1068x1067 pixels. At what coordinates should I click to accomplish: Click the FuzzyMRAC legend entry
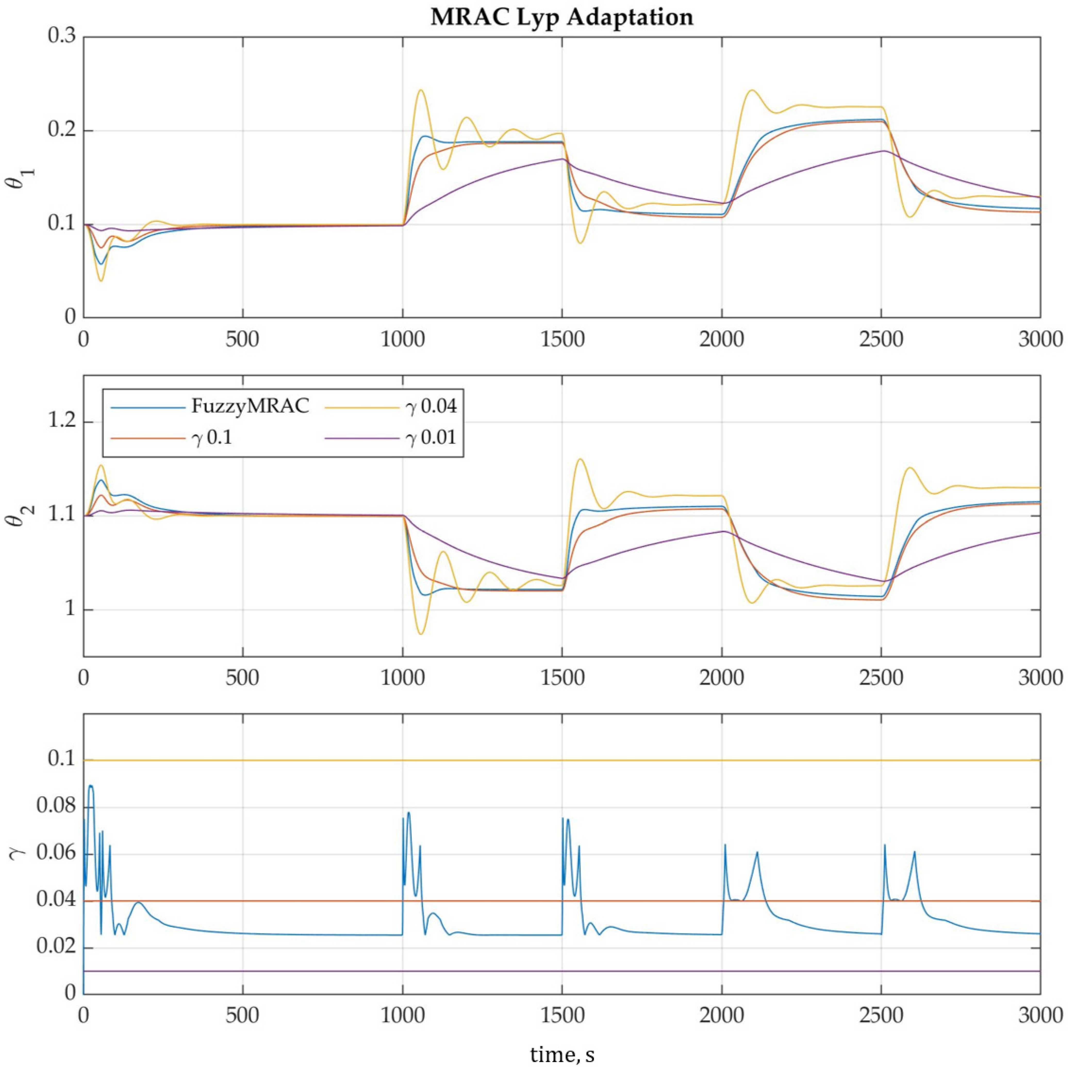pos(250,406)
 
